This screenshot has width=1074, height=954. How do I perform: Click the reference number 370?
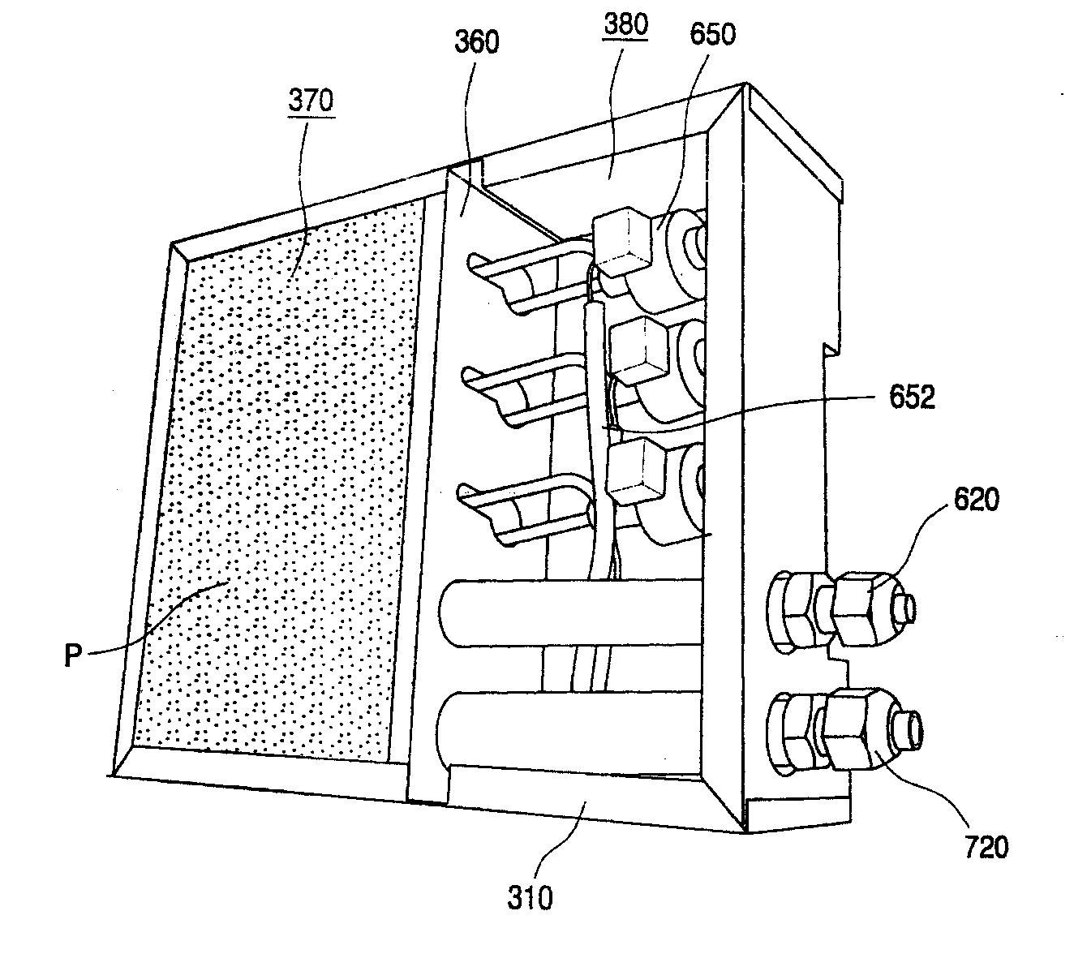311,101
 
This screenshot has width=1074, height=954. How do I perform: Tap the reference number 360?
476,41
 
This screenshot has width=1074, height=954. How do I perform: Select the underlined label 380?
626,25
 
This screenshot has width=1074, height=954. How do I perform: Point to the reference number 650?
713,34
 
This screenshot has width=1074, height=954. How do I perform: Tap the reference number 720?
986,847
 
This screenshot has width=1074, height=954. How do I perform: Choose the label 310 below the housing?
531,897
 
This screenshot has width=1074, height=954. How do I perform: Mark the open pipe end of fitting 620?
906,606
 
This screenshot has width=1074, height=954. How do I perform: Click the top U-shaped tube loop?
519,280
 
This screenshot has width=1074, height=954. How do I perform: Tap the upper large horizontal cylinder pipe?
568,612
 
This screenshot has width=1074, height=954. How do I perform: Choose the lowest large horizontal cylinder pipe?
568,724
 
